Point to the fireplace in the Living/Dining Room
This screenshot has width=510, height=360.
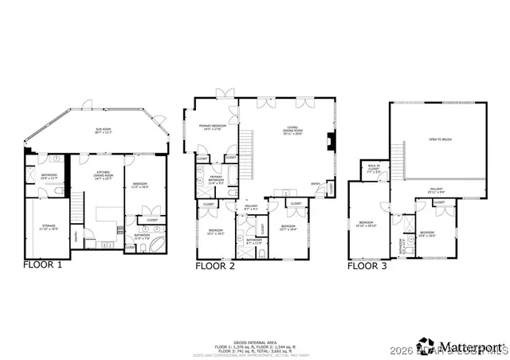click(x=329, y=144)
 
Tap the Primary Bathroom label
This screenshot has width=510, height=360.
click(x=216, y=180)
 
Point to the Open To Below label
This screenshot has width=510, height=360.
click(x=440, y=140)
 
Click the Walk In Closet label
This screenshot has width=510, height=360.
click(x=374, y=169)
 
